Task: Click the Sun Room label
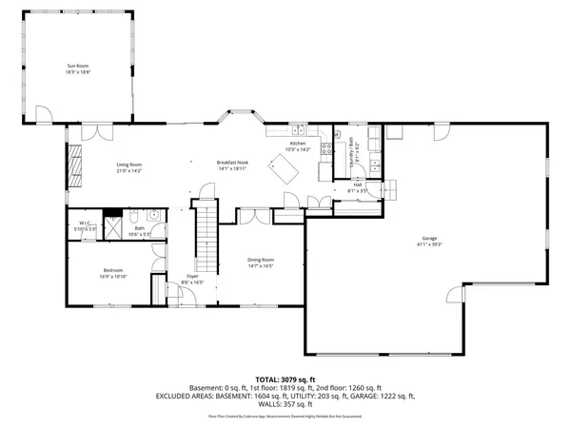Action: coord(78,68)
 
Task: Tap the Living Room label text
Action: coord(129,168)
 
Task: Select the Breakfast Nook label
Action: coord(233,164)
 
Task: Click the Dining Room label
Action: coord(261,263)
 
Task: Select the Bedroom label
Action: coord(113,274)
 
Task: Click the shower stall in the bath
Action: coord(113,227)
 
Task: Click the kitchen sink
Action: coord(298,129)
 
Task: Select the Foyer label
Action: coord(192,280)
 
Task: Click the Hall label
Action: coord(358,187)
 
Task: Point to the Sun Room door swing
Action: coord(41,117)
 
